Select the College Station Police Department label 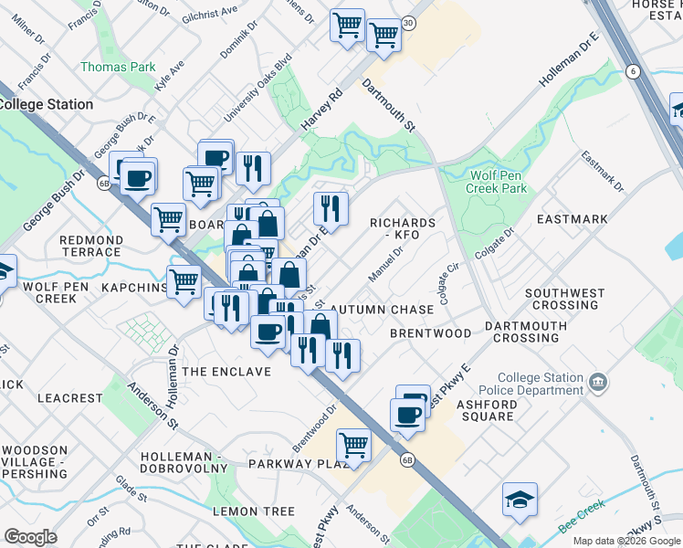541,384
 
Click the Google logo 30,537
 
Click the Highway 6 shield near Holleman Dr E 632,70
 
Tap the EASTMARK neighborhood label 573,219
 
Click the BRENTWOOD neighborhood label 430,333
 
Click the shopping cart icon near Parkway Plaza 353,445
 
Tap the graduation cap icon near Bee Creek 520,500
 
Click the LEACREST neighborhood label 70,398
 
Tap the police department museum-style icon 598,380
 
